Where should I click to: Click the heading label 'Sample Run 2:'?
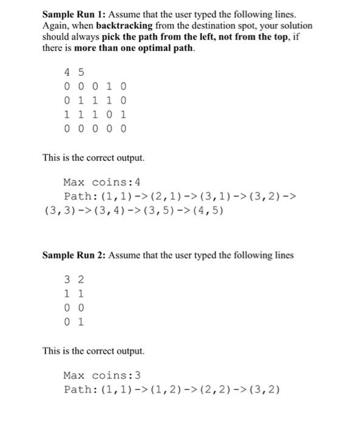72,255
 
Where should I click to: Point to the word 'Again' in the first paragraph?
55,25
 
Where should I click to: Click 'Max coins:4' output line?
102,182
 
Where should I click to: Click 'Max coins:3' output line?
102,375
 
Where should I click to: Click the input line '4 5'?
73,73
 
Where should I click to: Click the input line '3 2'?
73,280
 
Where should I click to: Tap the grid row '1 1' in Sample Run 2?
73,294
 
